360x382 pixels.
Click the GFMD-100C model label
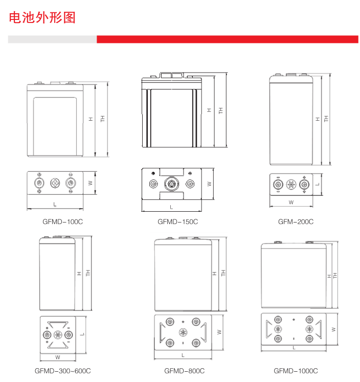(62, 222)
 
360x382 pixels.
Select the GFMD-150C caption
(177, 222)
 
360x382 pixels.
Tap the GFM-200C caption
(296, 222)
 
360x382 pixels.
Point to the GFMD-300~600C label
(63, 371)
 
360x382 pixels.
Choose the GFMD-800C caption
(185, 371)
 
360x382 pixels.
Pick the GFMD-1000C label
(296, 371)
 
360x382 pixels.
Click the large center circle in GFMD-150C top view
(171, 184)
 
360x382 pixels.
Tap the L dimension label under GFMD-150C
(171, 207)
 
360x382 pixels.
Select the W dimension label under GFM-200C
(291, 203)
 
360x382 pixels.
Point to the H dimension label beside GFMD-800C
(214, 274)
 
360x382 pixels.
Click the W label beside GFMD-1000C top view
(333, 329)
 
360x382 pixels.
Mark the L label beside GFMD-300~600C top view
(82, 334)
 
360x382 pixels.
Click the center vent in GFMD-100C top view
(55, 183)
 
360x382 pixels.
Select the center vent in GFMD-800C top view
(182, 331)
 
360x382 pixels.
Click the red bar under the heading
(227, 39)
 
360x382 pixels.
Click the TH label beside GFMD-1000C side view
(335, 276)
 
